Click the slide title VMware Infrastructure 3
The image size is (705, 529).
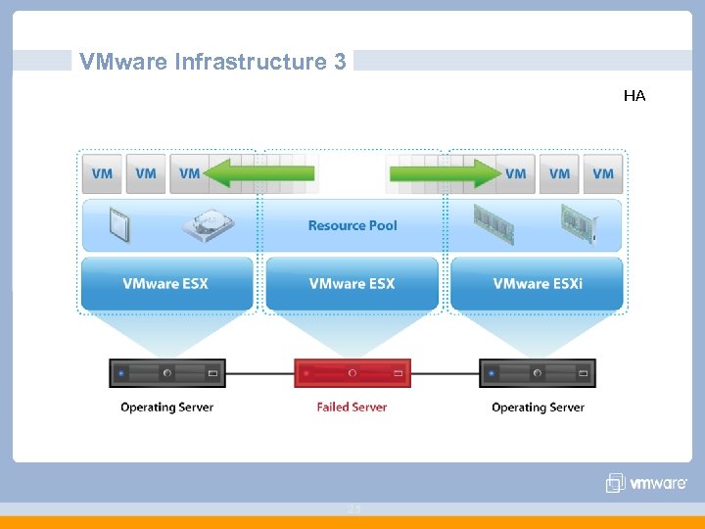[212, 62]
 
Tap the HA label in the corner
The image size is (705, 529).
[634, 96]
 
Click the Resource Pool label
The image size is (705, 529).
[352, 225]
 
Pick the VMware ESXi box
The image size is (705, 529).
[537, 283]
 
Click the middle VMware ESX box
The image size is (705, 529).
[352, 283]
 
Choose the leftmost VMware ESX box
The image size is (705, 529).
[165, 283]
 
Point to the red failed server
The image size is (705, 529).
[352, 373]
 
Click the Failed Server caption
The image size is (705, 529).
[352, 407]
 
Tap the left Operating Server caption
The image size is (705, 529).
[166, 407]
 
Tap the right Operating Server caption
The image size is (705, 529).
[538, 407]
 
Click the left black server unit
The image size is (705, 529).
[167, 373]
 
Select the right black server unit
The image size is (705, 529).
[538, 373]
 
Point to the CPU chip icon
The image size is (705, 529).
[120, 225]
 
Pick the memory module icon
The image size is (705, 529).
[493, 224]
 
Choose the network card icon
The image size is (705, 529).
[579, 224]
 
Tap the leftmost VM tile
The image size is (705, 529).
[102, 173]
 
